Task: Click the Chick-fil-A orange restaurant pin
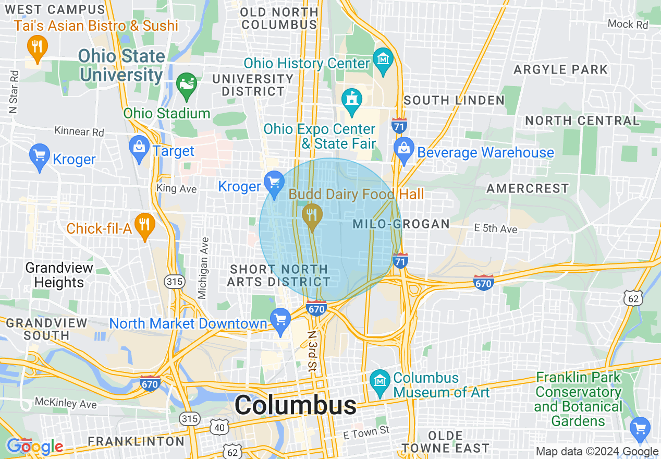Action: click(144, 225)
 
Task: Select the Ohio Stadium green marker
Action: click(186, 84)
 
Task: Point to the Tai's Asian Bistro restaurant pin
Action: click(36, 46)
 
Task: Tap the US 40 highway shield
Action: click(219, 427)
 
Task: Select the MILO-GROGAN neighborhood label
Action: click(401, 224)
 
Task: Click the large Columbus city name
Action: click(295, 405)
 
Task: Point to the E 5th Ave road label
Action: click(495, 228)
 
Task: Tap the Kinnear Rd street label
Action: click(79, 131)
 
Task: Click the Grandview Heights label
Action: click(59, 275)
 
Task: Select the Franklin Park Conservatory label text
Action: click(579, 398)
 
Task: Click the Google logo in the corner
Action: click(34, 446)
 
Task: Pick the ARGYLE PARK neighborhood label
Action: click(561, 69)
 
